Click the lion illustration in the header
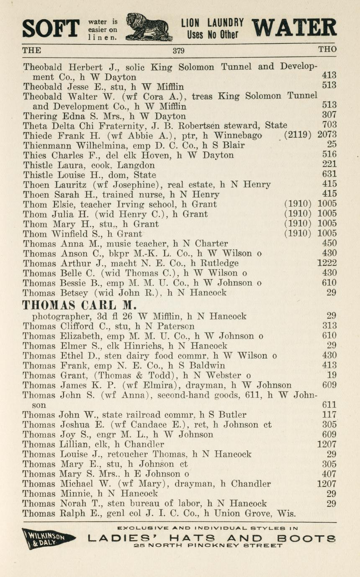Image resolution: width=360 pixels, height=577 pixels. [149, 28]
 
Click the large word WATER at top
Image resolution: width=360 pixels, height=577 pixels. [294, 28]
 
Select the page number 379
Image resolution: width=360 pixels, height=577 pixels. [179, 51]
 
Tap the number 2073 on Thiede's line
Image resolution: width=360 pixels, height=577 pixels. [327, 135]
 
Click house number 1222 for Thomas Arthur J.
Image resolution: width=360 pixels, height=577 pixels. [327, 263]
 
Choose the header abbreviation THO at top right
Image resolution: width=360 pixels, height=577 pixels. [327, 50]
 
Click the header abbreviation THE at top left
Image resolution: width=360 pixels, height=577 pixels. [32, 50]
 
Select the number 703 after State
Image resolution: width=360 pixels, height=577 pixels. [329, 125]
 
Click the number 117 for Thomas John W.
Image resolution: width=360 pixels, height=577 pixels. [329, 415]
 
